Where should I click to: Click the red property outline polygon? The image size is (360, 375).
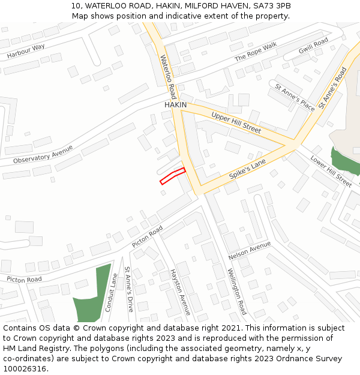pyautogui.click(x=172, y=176)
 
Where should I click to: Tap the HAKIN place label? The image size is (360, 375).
pyautogui.click(x=176, y=105)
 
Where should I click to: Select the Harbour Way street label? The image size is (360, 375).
pyautogui.click(x=26, y=52)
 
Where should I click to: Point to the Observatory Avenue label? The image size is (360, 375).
pyautogui.click(x=43, y=155)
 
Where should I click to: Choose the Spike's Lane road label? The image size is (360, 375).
pyautogui.click(x=247, y=170)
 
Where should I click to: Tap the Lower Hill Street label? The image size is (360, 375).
pyautogui.click(x=331, y=171)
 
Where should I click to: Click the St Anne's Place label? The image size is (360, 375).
pyautogui.click(x=295, y=97)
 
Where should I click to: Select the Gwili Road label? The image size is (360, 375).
pyautogui.click(x=314, y=45)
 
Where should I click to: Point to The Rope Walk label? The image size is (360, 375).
pyautogui.click(x=256, y=52)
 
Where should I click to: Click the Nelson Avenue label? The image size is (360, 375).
pyautogui.click(x=250, y=251)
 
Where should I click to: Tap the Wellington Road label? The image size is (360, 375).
pyautogui.click(x=236, y=292)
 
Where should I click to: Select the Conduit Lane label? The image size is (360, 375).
pyautogui.click(x=111, y=293)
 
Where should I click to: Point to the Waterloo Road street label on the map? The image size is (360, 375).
pyautogui.click(x=168, y=77)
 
